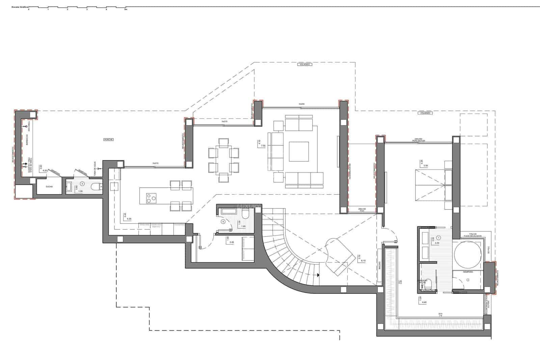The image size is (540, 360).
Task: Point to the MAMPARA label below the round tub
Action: (468, 272)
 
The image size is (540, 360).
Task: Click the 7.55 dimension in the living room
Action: (259, 146)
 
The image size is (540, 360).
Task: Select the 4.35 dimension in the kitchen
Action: (129, 219)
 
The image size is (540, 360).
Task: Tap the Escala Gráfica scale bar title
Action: (20, 6)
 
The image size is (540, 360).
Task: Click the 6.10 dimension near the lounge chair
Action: (363, 261)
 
